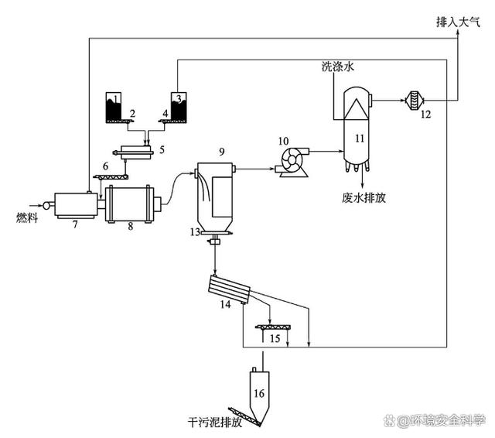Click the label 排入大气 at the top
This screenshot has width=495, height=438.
[459, 22]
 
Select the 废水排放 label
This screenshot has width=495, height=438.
[363, 197]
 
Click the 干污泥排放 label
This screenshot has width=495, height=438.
[215, 423]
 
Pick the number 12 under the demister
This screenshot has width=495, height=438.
[425, 115]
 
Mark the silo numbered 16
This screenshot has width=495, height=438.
[260, 395]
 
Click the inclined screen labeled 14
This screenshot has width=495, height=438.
[231, 290]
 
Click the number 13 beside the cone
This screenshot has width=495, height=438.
[196, 232]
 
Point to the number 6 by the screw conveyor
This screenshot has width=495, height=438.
[105, 166]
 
